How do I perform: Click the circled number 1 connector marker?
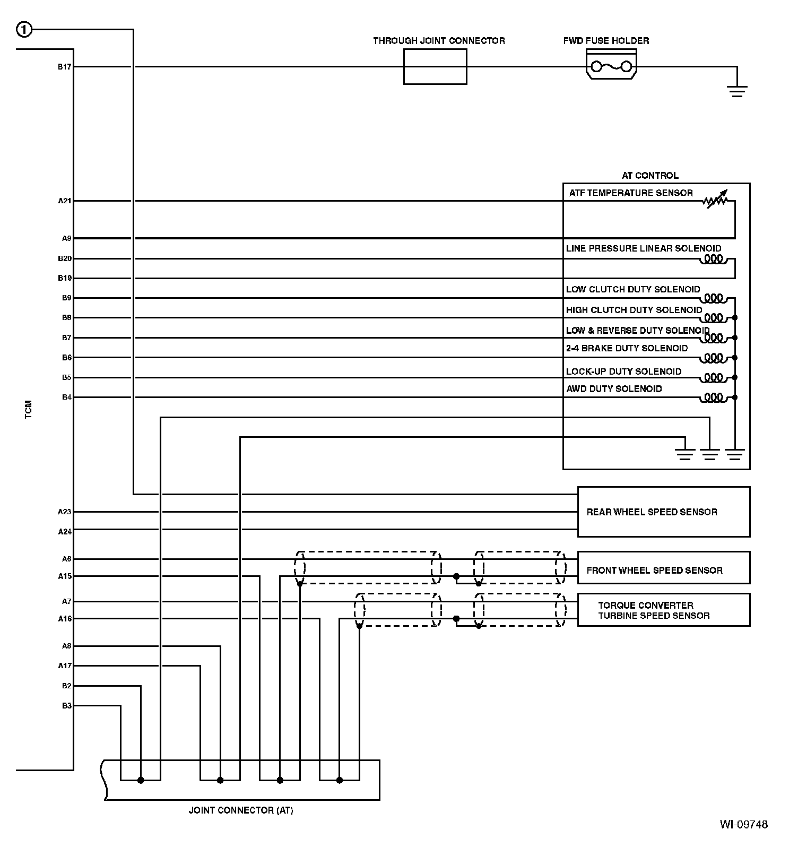click(x=24, y=30)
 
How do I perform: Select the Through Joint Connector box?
click(x=435, y=66)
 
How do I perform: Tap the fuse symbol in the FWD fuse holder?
click(x=611, y=66)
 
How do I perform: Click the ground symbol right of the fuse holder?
click(x=737, y=91)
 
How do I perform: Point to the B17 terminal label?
click(x=64, y=67)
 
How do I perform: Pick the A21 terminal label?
click(x=64, y=201)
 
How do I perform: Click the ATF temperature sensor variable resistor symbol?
click(x=715, y=200)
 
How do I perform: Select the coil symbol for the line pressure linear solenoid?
click(x=714, y=260)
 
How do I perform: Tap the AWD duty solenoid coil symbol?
click(x=714, y=397)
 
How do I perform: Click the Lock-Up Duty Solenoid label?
click(x=623, y=371)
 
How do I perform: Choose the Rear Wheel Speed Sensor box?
click(x=663, y=512)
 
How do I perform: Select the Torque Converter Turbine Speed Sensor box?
click(x=663, y=610)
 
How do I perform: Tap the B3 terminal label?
click(x=66, y=706)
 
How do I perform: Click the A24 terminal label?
click(x=64, y=531)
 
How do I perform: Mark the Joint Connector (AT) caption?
click(x=241, y=810)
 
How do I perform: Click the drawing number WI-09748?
click(x=743, y=824)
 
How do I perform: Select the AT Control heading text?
click(x=650, y=176)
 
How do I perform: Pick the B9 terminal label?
click(x=66, y=298)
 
